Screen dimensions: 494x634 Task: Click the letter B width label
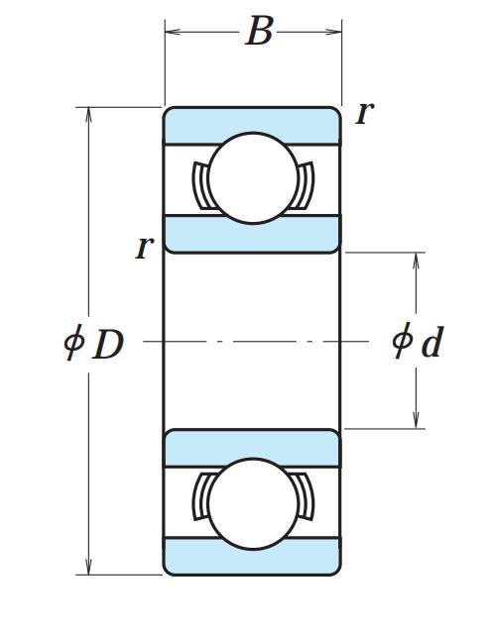(260, 31)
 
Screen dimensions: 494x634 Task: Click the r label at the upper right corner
(364, 113)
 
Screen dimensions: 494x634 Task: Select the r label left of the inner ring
(144, 247)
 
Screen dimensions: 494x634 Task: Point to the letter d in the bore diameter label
(432, 342)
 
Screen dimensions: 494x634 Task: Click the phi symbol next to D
(73, 342)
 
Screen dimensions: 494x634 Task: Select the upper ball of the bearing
(253, 178)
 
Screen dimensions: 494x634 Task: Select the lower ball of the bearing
(253, 504)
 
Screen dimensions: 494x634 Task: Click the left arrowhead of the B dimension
(172, 32)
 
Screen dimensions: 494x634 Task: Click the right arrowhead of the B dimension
(334, 32)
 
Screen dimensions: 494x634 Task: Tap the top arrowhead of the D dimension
(88, 115)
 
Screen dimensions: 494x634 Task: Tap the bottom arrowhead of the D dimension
(88, 567)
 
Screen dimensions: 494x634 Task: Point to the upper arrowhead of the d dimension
(416, 261)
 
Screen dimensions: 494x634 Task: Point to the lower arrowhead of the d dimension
(416, 420)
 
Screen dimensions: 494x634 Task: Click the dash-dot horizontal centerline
(256, 342)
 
